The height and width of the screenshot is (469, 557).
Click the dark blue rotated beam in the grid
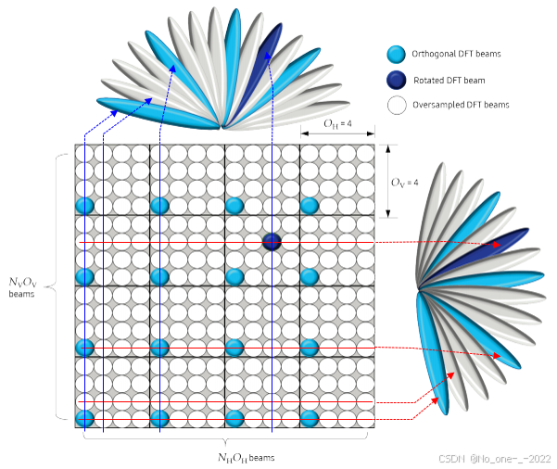272,242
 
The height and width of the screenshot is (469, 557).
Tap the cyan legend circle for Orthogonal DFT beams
397,54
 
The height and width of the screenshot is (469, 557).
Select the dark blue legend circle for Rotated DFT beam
397,80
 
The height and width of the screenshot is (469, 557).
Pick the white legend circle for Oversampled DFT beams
397,105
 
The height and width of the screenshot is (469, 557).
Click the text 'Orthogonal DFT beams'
458,54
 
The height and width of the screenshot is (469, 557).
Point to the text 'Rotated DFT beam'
450,80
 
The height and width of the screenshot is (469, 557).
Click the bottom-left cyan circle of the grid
84,419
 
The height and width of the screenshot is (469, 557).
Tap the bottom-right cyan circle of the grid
310,419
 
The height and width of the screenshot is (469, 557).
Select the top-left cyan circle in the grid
84,205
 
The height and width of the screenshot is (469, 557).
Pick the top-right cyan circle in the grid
310,205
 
